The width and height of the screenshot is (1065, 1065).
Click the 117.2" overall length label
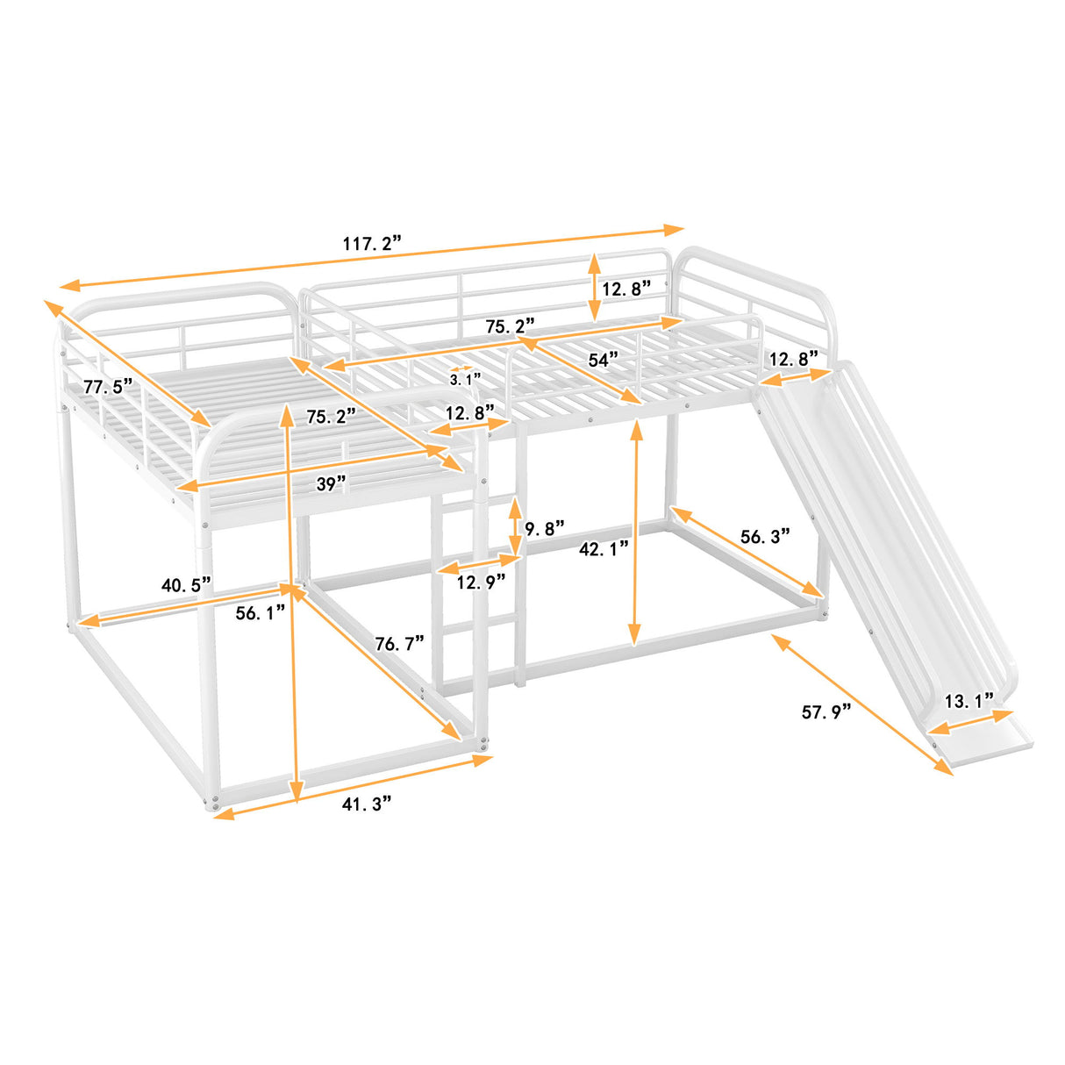372,243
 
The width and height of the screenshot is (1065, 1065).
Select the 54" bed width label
603,359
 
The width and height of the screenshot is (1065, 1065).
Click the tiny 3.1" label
465,379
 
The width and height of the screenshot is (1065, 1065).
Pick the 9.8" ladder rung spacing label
544,529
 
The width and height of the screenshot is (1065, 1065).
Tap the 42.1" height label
604,549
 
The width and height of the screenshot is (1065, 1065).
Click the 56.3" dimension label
765,536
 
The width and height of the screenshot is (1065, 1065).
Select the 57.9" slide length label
826,711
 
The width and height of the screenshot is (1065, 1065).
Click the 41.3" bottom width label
366,803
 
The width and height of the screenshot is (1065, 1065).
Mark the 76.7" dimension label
399,643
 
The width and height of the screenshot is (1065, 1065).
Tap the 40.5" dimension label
185,584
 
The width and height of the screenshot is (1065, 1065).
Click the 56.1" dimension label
261,612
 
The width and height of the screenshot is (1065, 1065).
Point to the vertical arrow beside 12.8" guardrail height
594,287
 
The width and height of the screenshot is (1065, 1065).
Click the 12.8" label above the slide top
793,358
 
